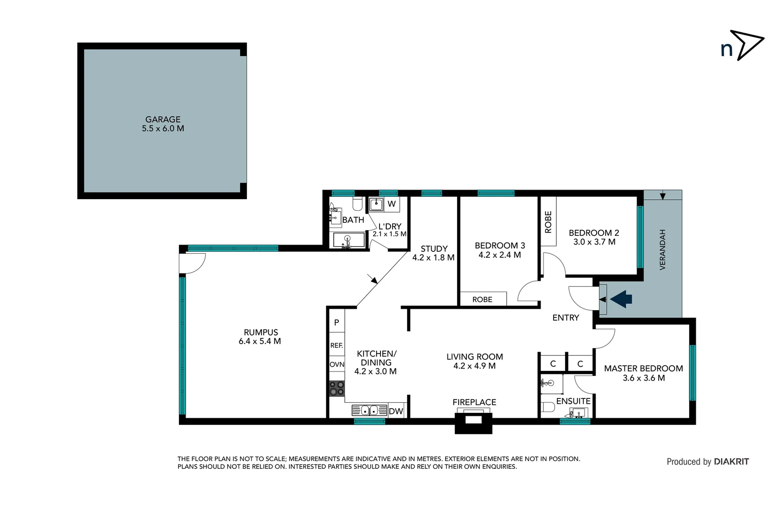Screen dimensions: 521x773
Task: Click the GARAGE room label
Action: click(163, 119)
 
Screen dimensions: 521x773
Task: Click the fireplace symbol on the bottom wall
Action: click(474, 420)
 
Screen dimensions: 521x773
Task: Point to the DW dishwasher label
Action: click(395, 411)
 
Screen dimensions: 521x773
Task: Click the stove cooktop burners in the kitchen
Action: click(337, 388)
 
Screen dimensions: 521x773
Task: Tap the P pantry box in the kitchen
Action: click(337, 322)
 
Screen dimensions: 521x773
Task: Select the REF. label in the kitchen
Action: click(337, 345)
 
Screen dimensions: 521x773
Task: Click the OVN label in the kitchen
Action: click(337, 364)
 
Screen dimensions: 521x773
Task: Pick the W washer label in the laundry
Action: click(392, 204)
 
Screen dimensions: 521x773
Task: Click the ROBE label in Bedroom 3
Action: click(482, 300)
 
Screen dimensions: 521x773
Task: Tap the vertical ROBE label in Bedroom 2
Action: click(548, 222)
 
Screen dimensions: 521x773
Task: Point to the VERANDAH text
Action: click(662, 249)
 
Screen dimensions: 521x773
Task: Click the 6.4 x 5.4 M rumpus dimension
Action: click(259, 341)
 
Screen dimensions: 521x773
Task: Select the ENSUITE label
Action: click(573, 401)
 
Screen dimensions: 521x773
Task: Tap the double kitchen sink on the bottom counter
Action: click(369, 411)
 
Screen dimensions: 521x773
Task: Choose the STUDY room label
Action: click(434, 248)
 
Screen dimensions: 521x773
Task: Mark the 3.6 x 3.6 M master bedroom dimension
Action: click(643, 378)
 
